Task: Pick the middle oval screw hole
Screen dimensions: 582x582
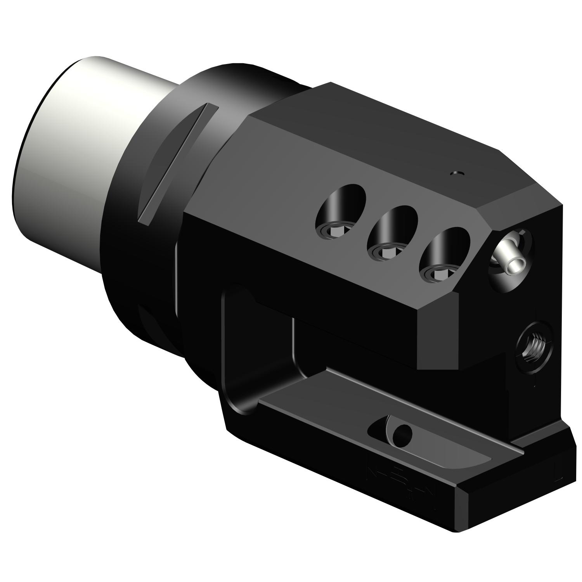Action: [x=391, y=232]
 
